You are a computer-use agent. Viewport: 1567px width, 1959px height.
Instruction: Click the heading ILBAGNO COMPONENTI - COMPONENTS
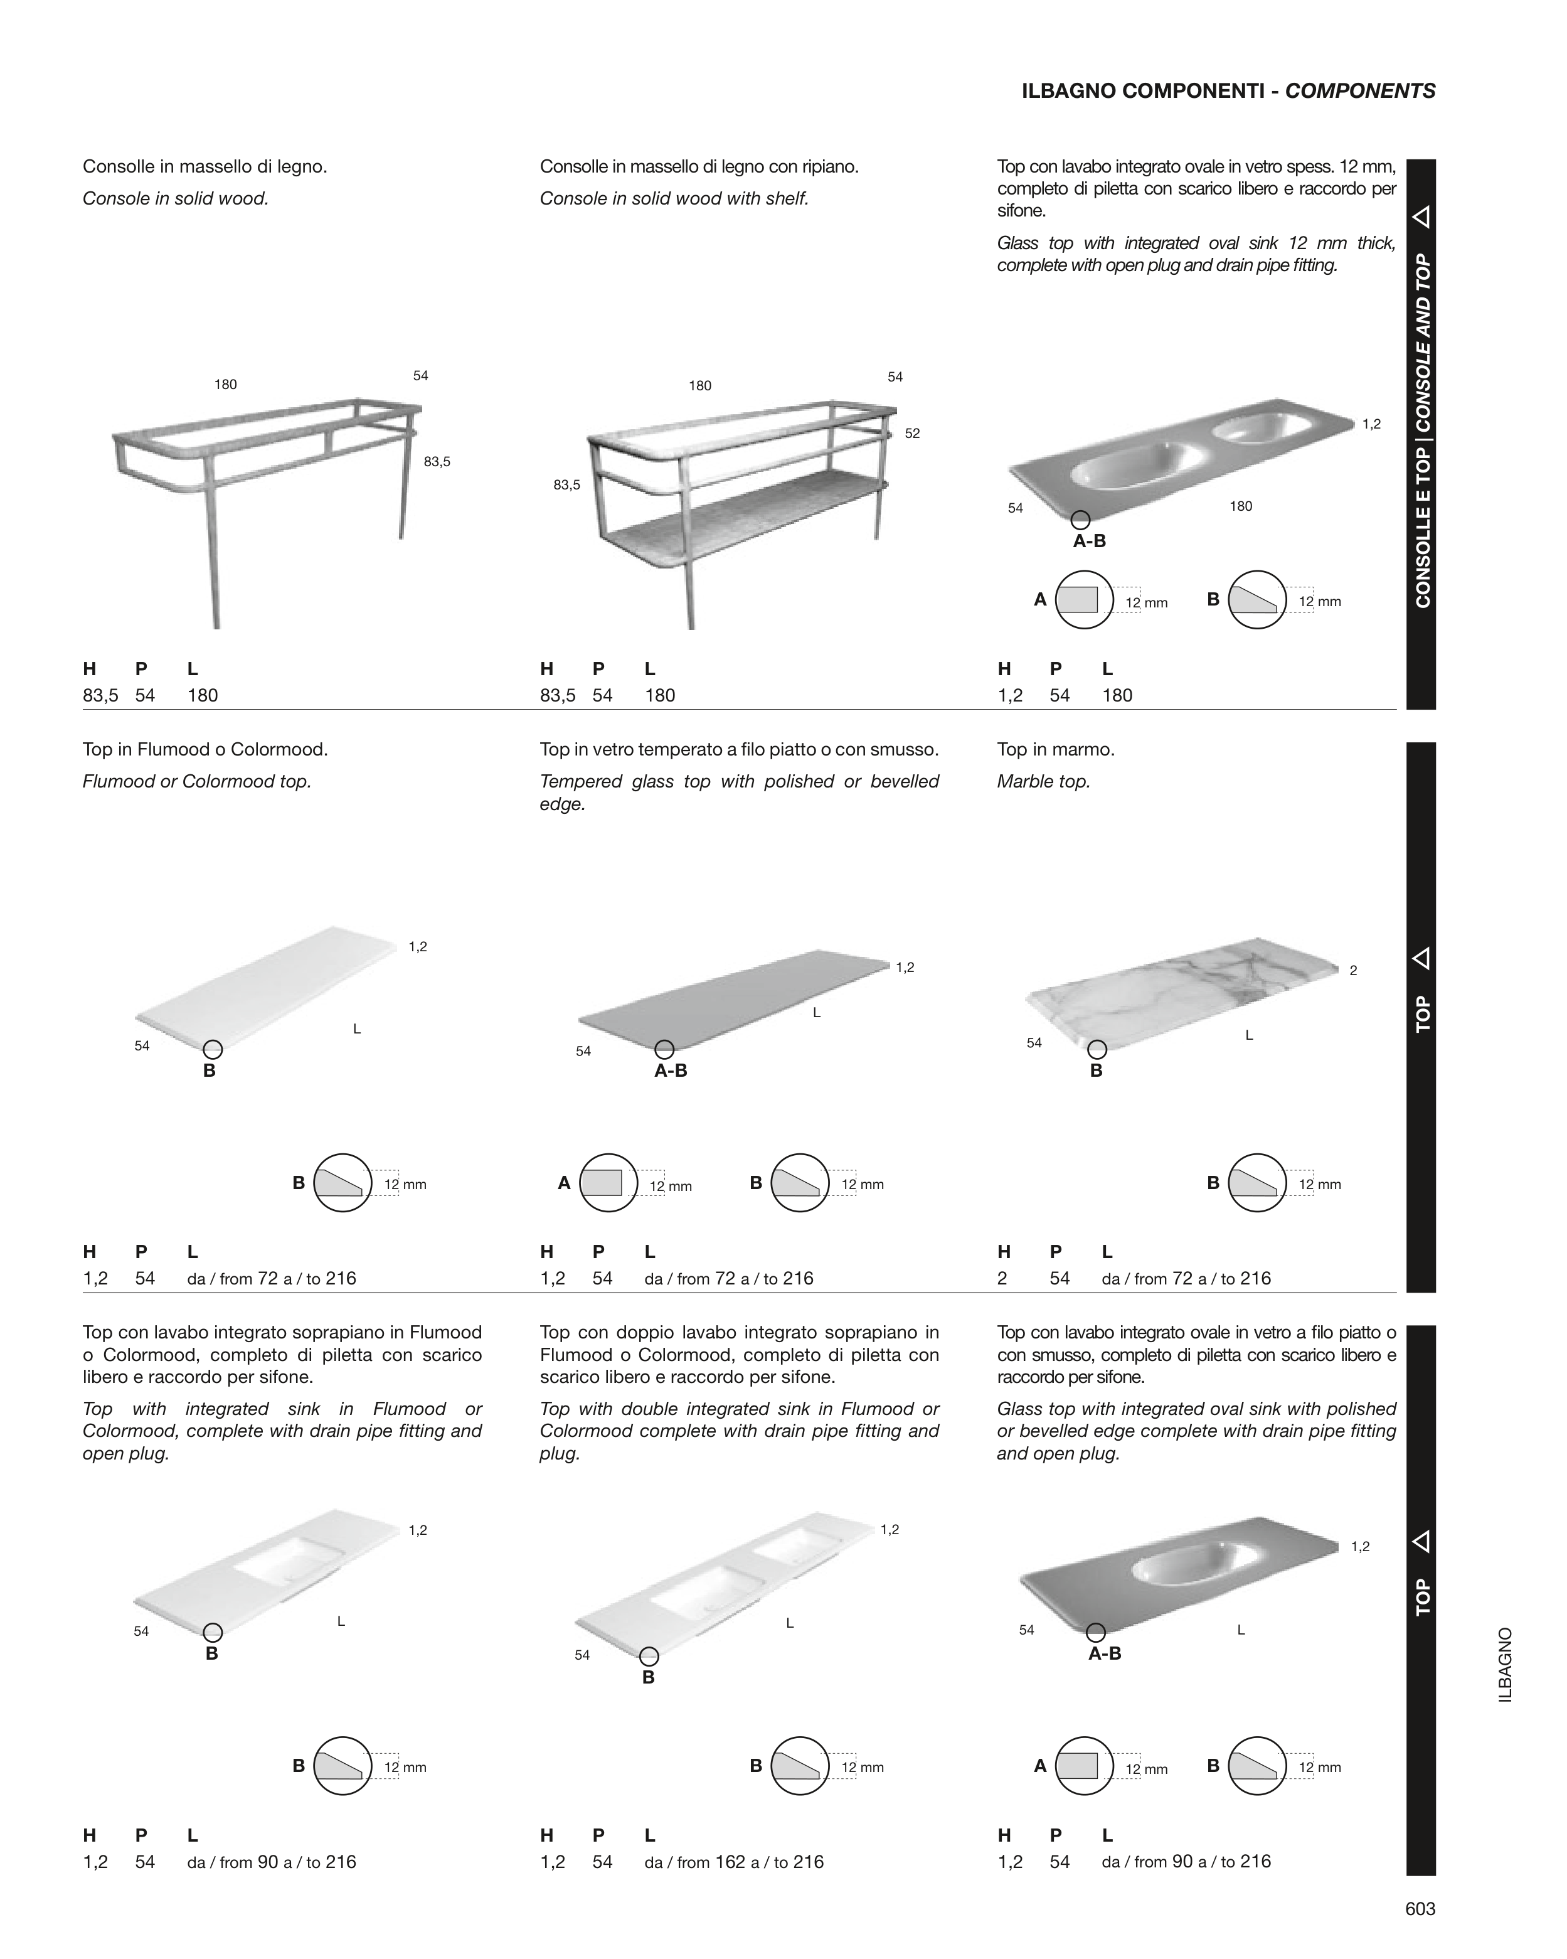(1228, 91)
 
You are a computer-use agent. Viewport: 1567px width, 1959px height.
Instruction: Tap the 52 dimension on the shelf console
(912, 434)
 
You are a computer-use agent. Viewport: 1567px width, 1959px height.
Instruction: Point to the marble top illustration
(1181, 990)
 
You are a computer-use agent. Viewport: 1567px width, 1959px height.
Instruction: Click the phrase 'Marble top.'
(1043, 781)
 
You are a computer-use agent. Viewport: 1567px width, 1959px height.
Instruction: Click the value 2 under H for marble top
(1002, 1278)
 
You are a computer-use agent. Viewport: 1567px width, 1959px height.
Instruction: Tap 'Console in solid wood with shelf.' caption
(674, 198)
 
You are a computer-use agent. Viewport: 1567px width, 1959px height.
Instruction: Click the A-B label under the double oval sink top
(1089, 542)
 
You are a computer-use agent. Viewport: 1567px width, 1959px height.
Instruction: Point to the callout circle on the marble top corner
(1097, 1049)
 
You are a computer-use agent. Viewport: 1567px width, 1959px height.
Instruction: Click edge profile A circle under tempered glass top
(608, 1183)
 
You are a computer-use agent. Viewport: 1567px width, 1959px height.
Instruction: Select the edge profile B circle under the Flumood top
(343, 1183)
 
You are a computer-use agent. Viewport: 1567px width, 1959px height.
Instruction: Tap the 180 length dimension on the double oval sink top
(1241, 506)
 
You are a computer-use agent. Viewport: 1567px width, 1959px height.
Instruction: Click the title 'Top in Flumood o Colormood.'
(205, 750)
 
